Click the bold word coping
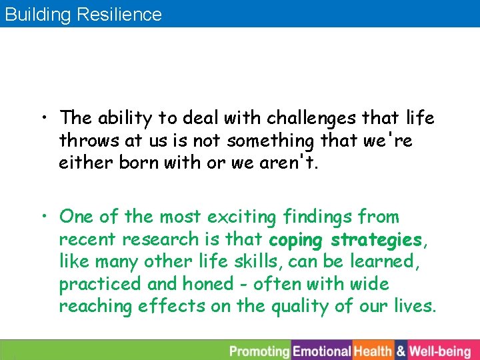[x=296, y=240]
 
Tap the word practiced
[x=100, y=285]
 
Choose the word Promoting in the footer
[x=259, y=351]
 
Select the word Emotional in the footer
[x=321, y=351]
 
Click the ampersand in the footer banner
[x=401, y=351]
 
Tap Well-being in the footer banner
[x=439, y=351]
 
